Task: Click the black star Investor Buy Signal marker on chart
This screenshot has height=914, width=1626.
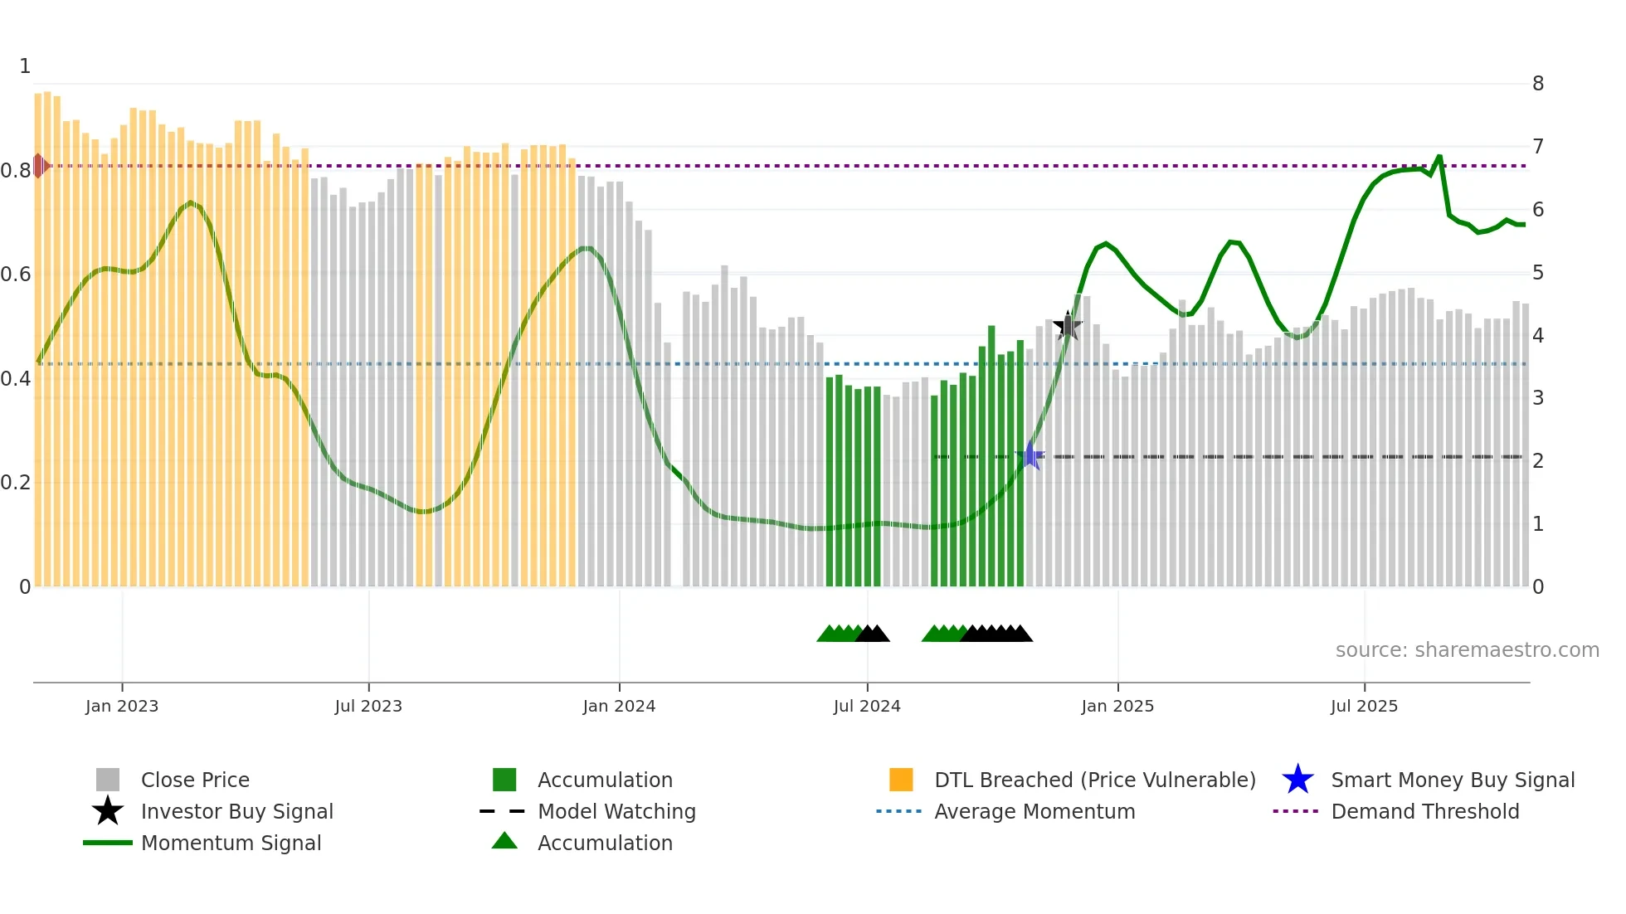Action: tap(1068, 326)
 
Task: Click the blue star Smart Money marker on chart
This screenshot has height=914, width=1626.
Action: tap(1030, 455)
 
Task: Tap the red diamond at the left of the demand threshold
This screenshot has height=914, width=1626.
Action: tap(39, 166)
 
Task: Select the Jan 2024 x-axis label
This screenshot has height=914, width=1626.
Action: tap(619, 706)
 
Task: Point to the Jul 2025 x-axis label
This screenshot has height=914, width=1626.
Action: tap(1364, 706)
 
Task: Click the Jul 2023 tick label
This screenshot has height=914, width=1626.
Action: tap(368, 706)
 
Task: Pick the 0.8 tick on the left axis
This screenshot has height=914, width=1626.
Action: tap(16, 171)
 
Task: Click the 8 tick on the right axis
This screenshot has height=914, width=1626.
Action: tap(1538, 84)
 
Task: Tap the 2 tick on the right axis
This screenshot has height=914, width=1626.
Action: tap(1538, 461)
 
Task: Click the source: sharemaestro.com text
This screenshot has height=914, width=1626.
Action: tap(1467, 650)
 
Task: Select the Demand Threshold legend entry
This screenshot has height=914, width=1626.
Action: tap(1424, 811)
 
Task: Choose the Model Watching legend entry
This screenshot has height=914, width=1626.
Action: tap(616, 811)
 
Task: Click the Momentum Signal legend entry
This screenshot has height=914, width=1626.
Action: tap(231, 843)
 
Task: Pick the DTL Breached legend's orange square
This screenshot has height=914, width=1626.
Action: tap(901, 780)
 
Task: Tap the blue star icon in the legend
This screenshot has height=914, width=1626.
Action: tap(1297, 780)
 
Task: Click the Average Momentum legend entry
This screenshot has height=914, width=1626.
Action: tap(1035, 811)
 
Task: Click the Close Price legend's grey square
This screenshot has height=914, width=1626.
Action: tap(108, 780)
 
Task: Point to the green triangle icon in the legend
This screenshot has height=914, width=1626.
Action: tap(504, 841)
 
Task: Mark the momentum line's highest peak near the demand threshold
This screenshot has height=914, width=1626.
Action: tap(1439, 157)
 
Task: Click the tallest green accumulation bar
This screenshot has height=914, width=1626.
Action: tap(991, 456)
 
